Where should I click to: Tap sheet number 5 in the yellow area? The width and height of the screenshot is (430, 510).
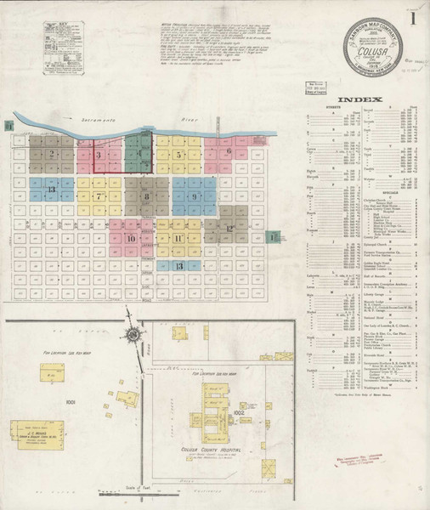(178, 155)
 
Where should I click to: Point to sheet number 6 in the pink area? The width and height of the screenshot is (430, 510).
(229, 150)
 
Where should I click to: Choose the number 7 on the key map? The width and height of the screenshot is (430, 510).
(99, 196)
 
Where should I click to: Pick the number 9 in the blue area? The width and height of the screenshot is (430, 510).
(195, 196)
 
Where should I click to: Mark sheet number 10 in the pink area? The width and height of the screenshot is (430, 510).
(130, 239)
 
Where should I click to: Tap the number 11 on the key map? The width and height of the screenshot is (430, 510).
(178, 238)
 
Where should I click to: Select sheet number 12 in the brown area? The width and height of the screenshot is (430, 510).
(229, 229)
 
